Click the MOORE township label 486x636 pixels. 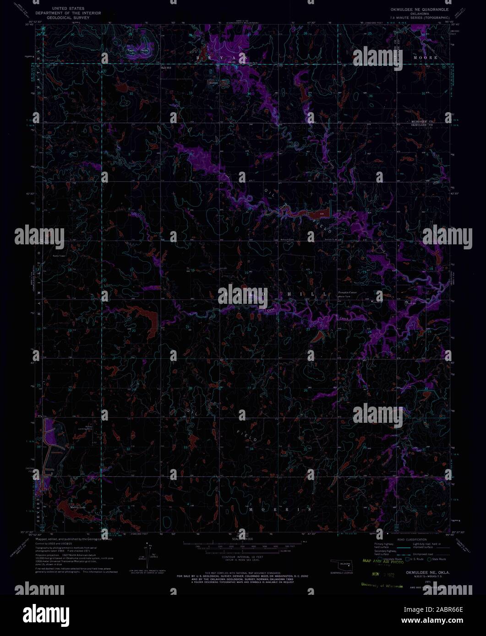pos(425,58)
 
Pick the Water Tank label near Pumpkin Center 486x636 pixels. pos(344,296)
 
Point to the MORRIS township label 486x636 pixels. pos(280,509)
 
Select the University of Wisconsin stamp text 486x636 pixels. pos(382,585)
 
